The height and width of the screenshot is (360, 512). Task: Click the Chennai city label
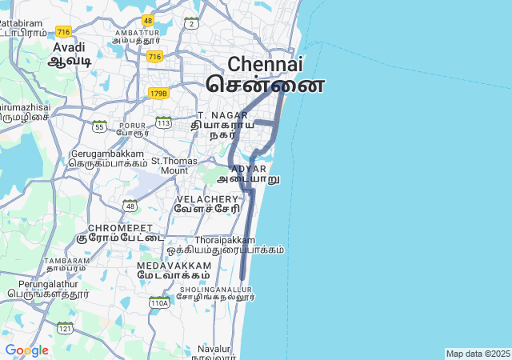pyautogui.click(x=266, y=65)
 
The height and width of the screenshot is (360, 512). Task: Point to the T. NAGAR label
pyautogui.click(x=211, y=115)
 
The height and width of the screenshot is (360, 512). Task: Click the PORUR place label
pyautogui.click(x=133, y=126)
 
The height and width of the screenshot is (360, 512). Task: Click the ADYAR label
pyautogui.click(x=248, y=169)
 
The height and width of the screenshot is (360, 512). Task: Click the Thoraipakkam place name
pyautogui.click(x=225, y=239)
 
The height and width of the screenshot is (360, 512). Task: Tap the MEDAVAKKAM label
pyautogui.click(x=174, y=265)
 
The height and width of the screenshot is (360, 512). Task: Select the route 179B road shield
pyautogui.click(x=158, y=94)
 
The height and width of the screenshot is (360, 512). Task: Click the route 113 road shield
pyautogui.click(x=163, y=122)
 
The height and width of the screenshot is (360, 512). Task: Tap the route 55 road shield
pyautogui.click(x=99, y=126)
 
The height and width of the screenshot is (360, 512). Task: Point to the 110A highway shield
pyautogui.click(x=159, y=303)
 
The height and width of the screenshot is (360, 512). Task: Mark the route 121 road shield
pyautogui.click(x=65, y=328)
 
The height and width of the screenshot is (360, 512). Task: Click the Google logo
pyautogui.click(x=26, y=350)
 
